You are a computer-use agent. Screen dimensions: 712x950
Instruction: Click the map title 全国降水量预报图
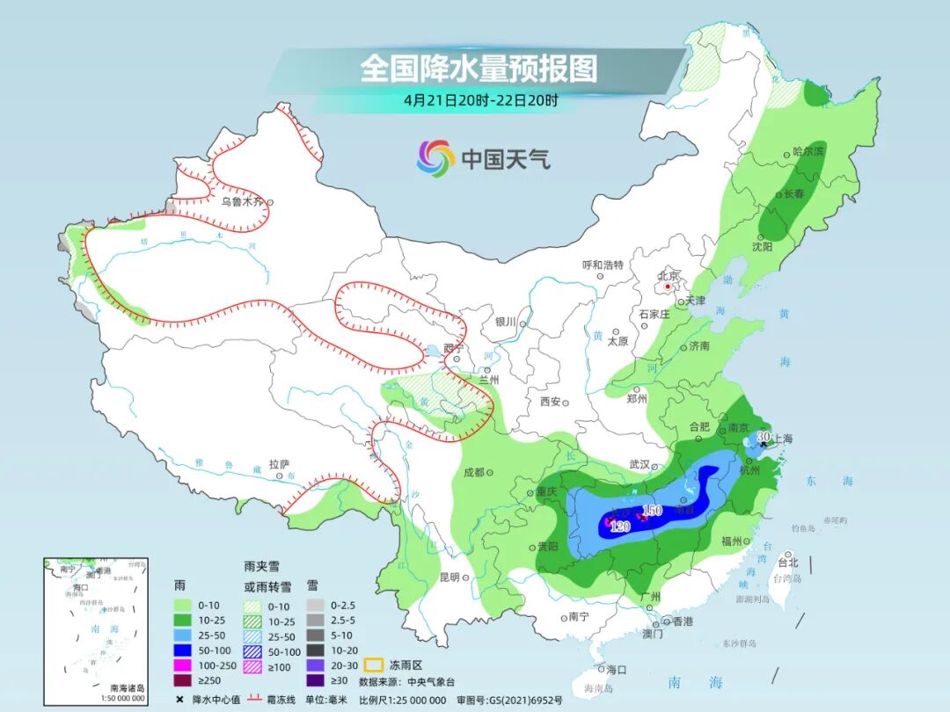click(x=479, y=69)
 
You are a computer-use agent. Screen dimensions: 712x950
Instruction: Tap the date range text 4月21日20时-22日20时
click(x=481, y=100)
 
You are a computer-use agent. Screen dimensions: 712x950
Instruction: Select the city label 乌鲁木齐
click(x=241, y=201)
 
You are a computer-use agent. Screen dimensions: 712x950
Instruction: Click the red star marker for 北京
click(x=669, y=287)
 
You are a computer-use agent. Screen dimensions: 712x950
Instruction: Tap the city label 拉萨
click(x=279, y=463)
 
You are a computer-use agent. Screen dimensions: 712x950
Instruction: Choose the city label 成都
click(x=474, y=472)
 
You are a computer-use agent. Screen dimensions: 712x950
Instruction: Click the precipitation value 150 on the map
click(x=652, y=511)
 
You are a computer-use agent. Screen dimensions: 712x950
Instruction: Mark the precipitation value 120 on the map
click(x=620, y=527)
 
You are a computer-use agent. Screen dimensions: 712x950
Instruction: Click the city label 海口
click(x=617, y=669)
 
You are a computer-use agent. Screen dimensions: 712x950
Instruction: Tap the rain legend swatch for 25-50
click(x=182, y=635)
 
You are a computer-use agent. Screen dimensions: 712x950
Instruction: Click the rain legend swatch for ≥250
click(x=182, y=679)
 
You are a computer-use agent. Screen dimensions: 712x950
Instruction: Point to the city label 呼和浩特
click(x=603, y=265)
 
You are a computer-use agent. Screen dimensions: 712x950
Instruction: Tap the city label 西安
click(x=550, y=402)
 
